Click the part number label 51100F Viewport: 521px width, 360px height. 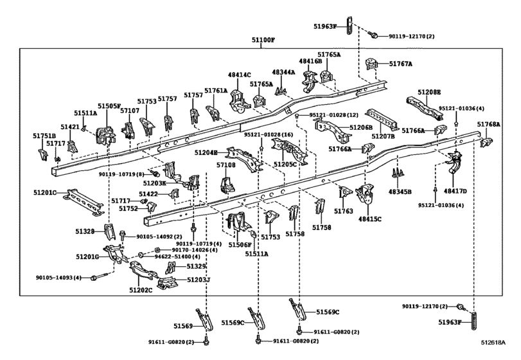(x=263, y=40)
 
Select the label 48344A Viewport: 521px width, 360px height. (x=283, y=72)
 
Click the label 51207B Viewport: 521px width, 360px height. (x=383, y=136)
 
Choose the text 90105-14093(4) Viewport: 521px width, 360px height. (x=58, y=277)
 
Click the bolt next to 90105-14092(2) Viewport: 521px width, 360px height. (x=123, y=236)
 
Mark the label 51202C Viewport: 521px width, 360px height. (x=141, y=290)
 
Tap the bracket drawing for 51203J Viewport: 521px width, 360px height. (x=167, y=283)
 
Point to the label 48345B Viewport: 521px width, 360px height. (x=400, y=192)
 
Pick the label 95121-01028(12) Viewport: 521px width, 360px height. (x=333, y=115)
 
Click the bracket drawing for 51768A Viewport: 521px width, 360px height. (x=486, y=142)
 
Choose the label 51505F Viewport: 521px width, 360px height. (x=109, y=105)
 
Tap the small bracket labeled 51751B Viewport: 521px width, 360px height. (x=43, y=154)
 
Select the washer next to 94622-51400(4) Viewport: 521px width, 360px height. (x=141, y=255)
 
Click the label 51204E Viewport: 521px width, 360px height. (x=206, y=152)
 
